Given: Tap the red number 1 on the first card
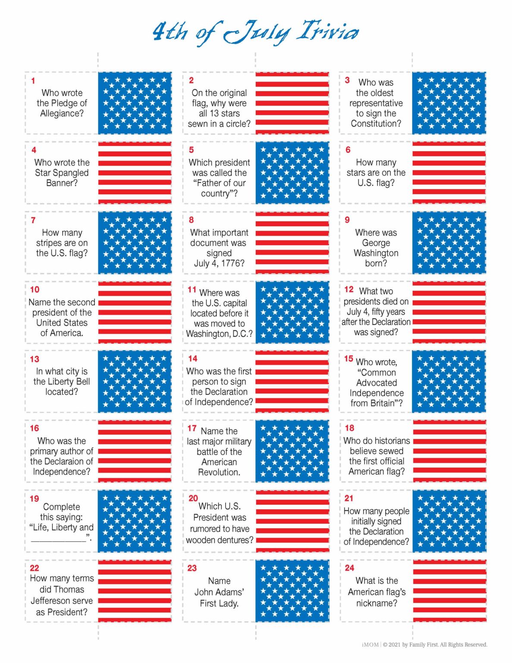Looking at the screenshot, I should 33,81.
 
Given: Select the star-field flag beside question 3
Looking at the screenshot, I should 449,103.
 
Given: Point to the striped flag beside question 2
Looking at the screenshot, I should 292,103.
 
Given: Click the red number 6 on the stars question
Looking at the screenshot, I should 348,150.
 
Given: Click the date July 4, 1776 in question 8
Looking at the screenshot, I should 219,263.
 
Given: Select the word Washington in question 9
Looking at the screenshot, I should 376,253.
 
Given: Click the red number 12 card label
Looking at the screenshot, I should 349,289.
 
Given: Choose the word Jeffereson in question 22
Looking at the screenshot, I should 61,601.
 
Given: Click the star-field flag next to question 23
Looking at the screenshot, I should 292,591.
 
